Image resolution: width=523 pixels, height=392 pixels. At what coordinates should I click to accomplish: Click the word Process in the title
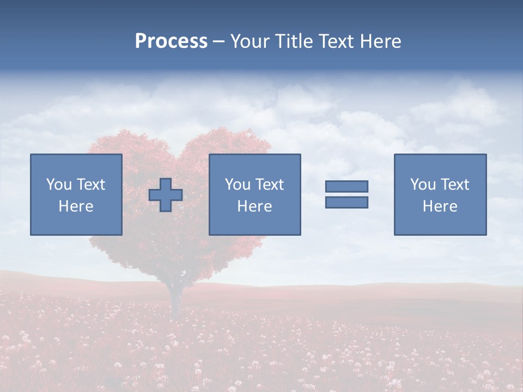171,41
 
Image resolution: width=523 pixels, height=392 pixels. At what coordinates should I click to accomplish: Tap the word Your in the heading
250,41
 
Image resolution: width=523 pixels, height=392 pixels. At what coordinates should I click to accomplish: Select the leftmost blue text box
76,194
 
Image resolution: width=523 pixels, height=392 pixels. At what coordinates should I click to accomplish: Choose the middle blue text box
254,194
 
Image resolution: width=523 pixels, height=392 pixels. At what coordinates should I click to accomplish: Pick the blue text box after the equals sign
440,194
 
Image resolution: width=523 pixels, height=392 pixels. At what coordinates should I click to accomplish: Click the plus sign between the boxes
166,194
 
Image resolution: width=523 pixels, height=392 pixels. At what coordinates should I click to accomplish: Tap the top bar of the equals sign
346,186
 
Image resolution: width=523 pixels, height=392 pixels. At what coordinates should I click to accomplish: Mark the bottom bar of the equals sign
346,202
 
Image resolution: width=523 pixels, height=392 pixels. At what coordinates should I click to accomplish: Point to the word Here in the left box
76,206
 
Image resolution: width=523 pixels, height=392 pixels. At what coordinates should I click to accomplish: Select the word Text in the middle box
270,185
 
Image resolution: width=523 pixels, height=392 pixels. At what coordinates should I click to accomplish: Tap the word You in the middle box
236,185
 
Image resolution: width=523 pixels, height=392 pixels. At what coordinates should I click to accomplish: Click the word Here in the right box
440,206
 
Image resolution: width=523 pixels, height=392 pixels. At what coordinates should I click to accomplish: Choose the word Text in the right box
455,185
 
